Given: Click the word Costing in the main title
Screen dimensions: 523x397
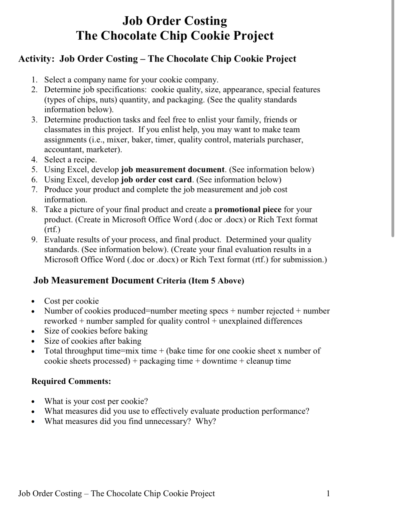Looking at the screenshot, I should click(x=206, y=21).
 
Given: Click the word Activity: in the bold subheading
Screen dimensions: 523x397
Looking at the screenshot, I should click(x=36, y=59).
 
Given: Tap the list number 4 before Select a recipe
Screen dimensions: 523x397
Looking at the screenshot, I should click(x=34, y=160).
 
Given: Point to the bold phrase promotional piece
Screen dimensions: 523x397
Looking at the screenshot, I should click(x=248, y=210).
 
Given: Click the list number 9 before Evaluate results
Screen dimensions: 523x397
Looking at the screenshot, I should click(x=34, y=240).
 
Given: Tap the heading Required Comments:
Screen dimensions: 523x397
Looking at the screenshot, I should click(x=71, y=381).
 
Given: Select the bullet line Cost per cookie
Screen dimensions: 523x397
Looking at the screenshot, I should click(x=71, y=301).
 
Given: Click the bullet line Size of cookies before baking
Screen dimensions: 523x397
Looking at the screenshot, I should click(x=96, y=331).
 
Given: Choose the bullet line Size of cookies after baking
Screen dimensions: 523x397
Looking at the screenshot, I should click(x=93, y=341).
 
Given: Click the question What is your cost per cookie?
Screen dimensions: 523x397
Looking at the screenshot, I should click(x=96, y=401).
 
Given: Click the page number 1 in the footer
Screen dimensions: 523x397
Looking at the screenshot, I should click(x=328, y=493).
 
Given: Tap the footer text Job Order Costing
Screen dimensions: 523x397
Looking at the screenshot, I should click(x=50, y=493).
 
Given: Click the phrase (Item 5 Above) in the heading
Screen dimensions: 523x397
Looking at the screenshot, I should click(x=216, y=281).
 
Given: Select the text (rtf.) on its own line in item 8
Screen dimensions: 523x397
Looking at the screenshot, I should click(x=52, y=230).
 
